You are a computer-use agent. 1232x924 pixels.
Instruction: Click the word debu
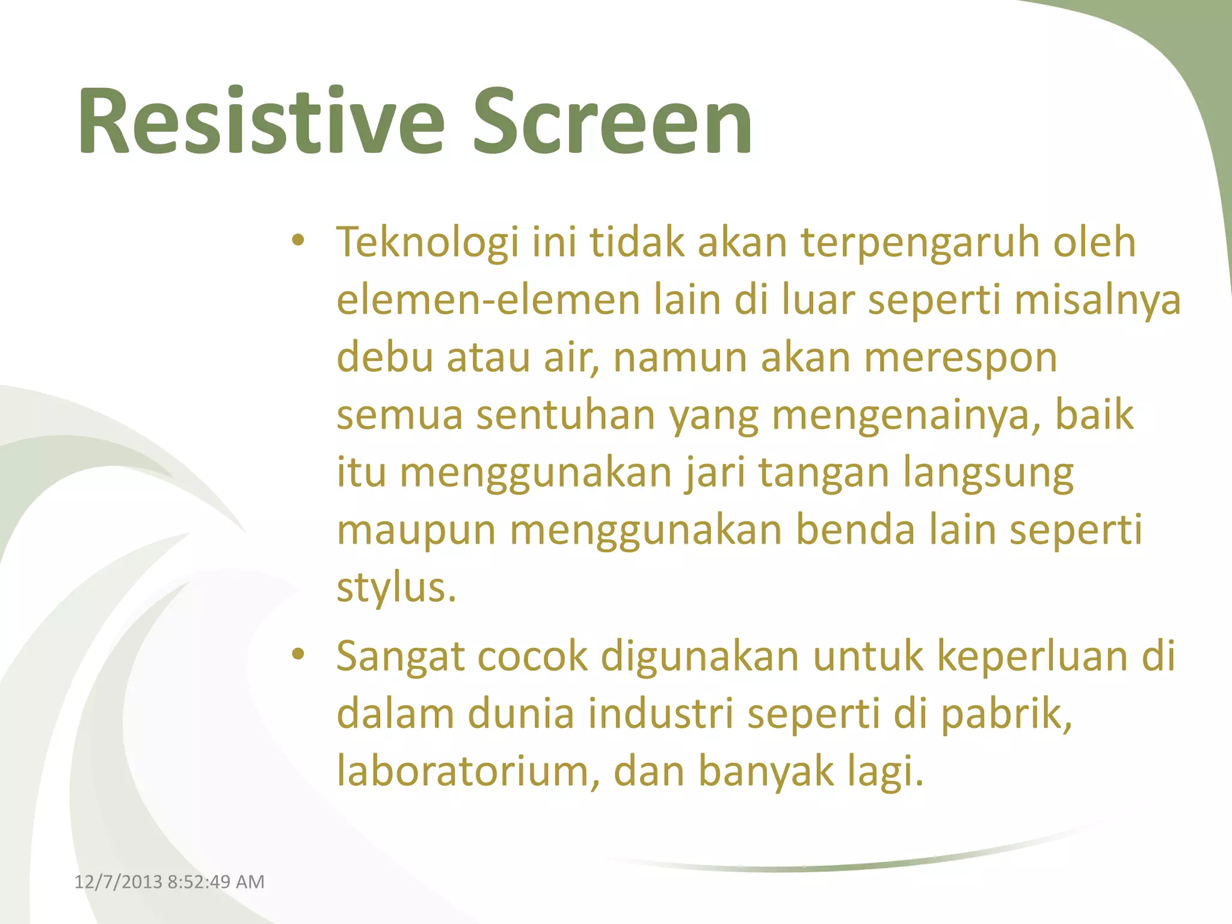click(x=384, y=357)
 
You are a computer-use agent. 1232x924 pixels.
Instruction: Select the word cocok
click(x=532, y=656)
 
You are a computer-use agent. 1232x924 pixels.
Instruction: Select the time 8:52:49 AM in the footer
click(x=216, y=882)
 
